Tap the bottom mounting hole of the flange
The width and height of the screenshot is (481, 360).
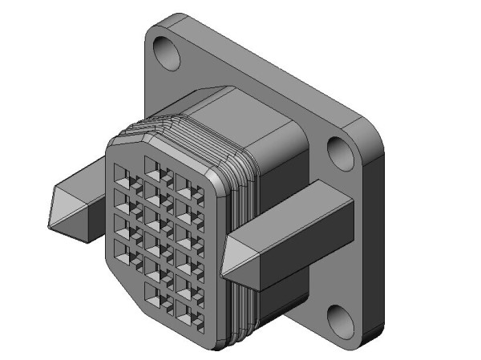pos(342,319)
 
